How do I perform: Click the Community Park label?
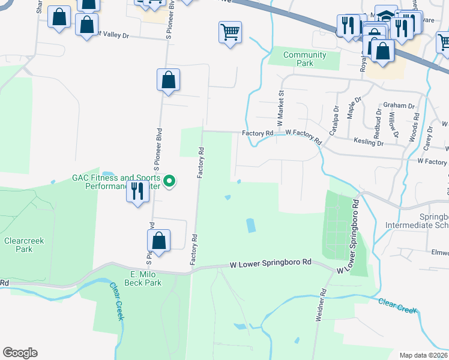tap(305, 59)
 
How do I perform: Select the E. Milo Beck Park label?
tap(143, 278)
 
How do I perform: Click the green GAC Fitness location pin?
tap(169, 180)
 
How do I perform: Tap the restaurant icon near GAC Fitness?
tap(138, 191)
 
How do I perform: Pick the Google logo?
tap(20, 353)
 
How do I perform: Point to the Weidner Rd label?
tap(322, 305)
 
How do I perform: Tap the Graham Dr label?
tap(399, 106)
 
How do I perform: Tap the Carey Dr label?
tap(428, 138)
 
